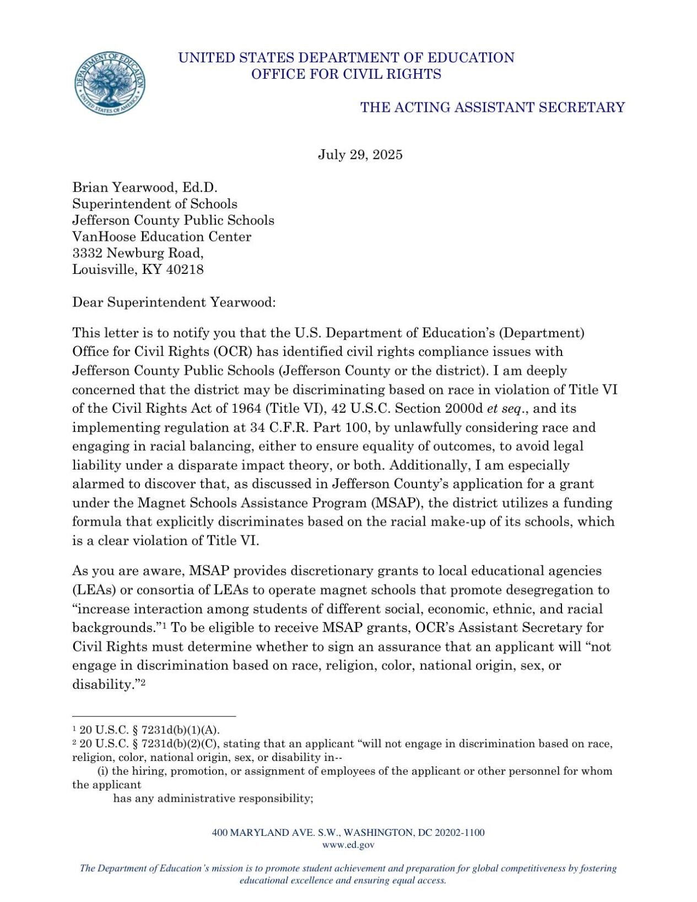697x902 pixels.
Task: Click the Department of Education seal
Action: [110, 83]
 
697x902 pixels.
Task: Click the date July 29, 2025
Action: [360, 155]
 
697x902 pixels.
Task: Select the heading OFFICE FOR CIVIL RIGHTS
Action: [346, 74]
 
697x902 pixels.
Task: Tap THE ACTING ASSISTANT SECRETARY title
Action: [492, 107]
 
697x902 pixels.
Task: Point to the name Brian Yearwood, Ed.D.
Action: [145, 187]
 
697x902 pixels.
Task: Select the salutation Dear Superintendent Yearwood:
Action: [174, 303]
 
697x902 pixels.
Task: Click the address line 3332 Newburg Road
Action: [138, 253]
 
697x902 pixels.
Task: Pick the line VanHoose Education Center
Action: [161, 236]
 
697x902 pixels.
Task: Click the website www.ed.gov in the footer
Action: [348, 845]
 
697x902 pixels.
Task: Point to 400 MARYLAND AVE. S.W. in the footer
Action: [276, 833]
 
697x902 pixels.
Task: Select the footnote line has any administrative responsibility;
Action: [213, 798]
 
